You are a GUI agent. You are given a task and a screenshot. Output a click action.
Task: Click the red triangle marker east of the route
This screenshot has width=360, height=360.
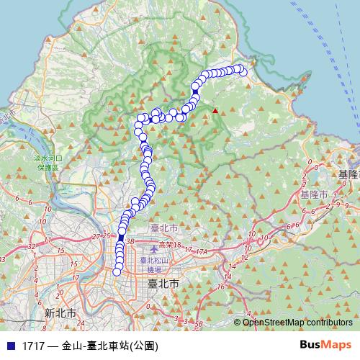tap(214, 111)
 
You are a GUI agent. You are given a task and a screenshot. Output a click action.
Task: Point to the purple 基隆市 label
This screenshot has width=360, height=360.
tap(314, 195)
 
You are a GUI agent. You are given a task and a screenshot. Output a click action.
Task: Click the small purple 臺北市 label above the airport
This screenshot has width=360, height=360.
tap(163, 228)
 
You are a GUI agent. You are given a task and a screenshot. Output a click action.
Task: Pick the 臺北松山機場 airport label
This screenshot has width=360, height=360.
tap(153, 264)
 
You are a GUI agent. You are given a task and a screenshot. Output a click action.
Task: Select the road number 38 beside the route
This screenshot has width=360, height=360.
tap(130, 242)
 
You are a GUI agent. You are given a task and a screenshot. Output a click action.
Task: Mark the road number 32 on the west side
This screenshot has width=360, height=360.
tap(30, 246)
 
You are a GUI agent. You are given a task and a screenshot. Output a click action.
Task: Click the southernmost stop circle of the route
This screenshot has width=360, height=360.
tap(117, 271)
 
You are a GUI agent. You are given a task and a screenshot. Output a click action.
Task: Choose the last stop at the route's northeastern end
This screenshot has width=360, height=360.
tap(243, 71)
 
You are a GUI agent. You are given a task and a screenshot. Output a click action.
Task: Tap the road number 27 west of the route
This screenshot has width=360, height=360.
tap(96, 235)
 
